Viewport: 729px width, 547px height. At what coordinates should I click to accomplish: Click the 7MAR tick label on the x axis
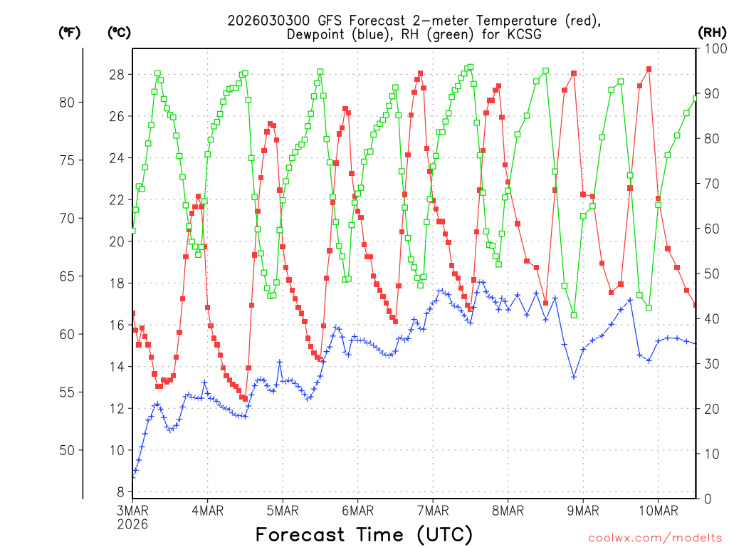point(433,510)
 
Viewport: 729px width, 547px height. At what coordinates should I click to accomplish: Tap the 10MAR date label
point(658,510)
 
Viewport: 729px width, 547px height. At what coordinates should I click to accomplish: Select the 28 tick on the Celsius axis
point(117,75)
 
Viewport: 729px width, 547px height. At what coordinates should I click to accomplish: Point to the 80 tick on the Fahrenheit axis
point(69,102)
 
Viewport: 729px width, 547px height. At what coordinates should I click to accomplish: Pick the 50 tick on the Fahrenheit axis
point(69,450)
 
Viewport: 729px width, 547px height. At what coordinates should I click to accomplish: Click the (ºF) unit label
point(70,32)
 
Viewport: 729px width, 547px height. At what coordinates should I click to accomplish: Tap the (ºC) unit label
point(119,32)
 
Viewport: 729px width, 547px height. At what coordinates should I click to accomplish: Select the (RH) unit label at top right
point(712,32)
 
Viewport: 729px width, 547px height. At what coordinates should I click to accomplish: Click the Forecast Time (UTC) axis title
point(364,534)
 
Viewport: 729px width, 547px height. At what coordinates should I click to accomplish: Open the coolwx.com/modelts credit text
point(654,538)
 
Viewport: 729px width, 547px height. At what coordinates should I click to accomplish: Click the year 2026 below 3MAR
point(132,523)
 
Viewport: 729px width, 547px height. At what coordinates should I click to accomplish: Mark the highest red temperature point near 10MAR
point(649,69)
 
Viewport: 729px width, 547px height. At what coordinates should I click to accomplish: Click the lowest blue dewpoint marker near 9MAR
point(573,376)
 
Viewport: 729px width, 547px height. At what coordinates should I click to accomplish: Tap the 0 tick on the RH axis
point(706,499)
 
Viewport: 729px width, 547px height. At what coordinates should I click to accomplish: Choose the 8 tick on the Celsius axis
point(120,492)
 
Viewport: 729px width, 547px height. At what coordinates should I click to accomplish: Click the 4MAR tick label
point(207,510)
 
